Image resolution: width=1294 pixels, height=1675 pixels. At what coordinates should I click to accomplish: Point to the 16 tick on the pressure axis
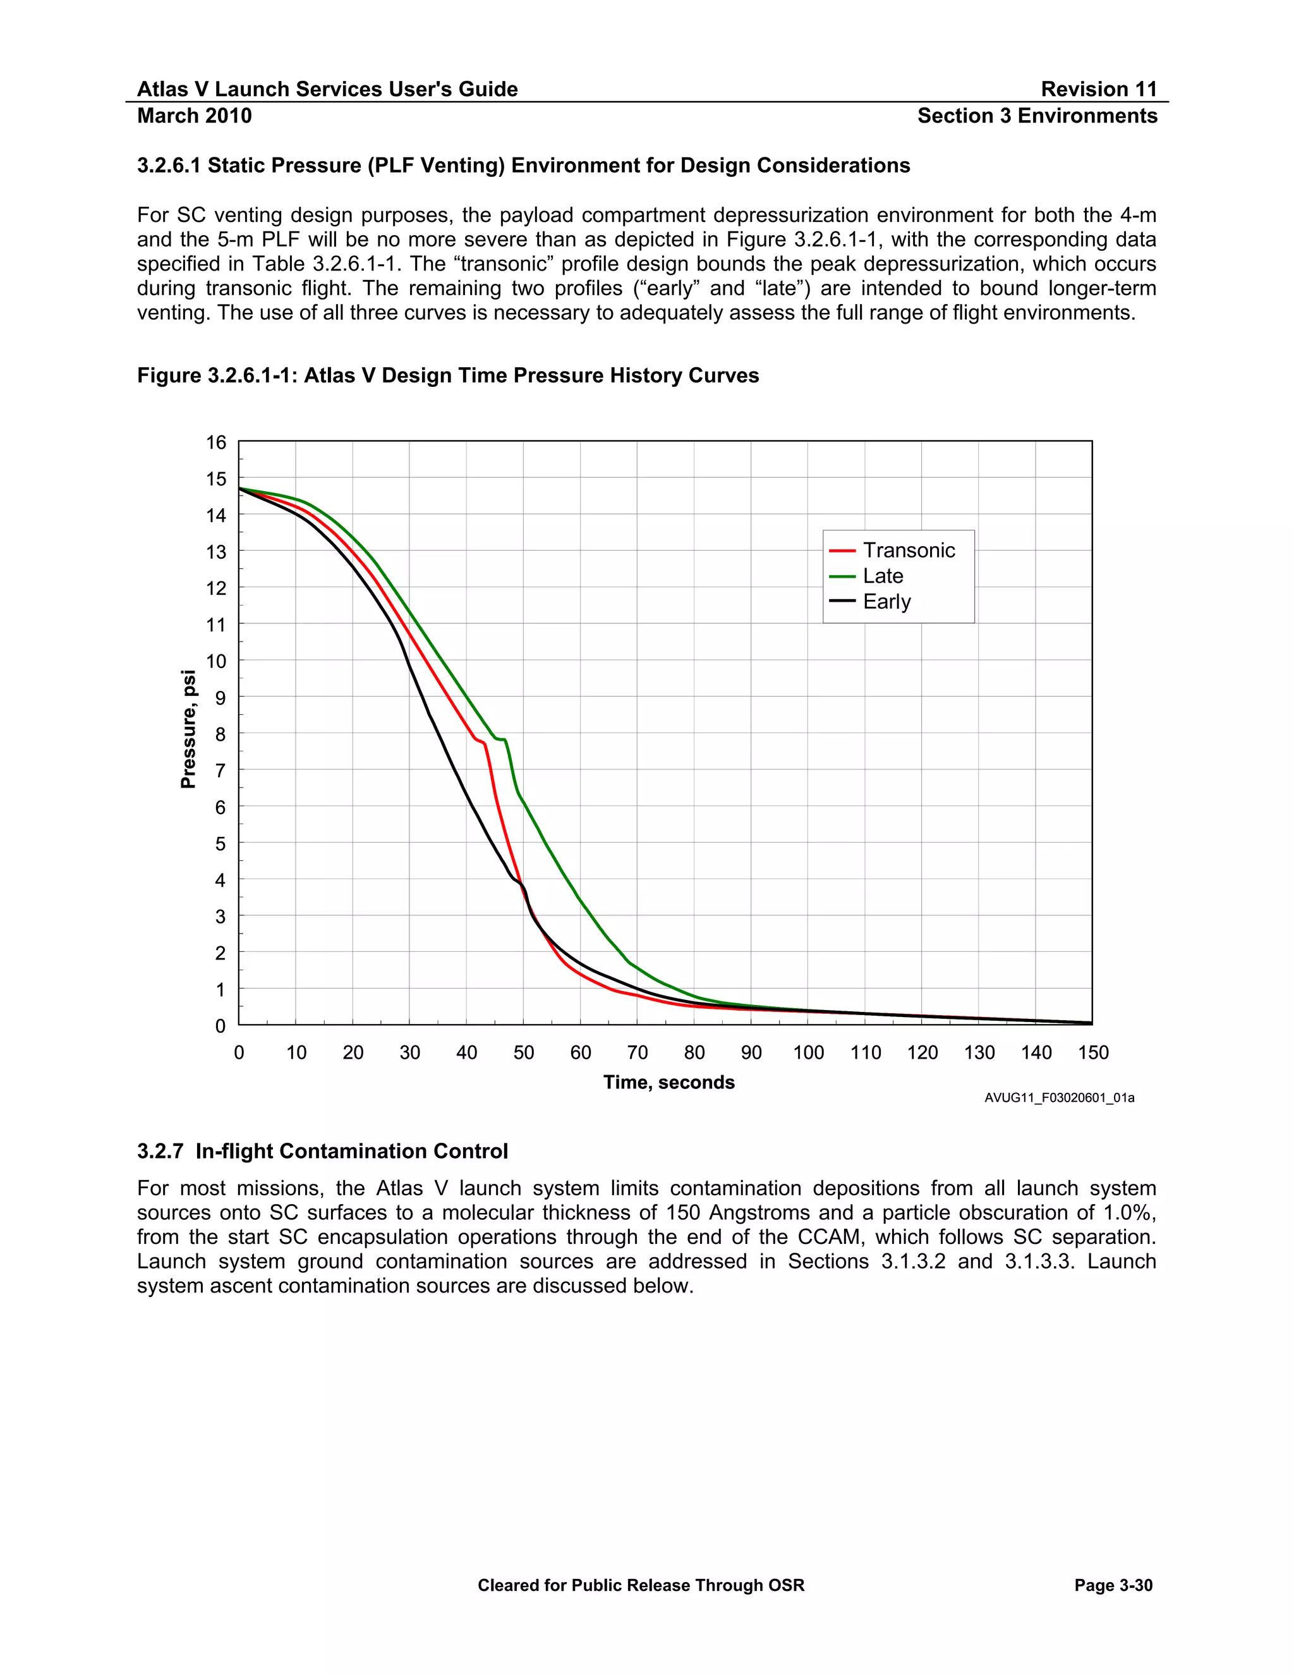click(216, 442)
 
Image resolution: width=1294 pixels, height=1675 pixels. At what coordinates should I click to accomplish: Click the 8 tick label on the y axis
click(220, 734)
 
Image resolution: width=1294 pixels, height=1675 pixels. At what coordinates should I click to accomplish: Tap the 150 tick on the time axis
click(1092, 1052)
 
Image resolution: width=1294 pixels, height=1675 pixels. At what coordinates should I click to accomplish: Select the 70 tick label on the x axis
click(637, 1052)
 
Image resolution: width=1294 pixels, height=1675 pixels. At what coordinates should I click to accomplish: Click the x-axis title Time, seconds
click(668, 1082)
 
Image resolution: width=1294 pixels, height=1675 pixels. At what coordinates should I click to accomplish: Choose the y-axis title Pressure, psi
click(188, 729)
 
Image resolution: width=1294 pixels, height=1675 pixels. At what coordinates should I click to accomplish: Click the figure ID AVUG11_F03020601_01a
click(1059, 1099)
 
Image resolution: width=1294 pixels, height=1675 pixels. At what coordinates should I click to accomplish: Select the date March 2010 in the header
click(195, 116)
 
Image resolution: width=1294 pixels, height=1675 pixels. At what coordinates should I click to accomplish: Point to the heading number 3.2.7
click(160, 1151)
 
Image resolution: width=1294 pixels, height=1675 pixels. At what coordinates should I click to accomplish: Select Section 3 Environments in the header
click(1037, 116)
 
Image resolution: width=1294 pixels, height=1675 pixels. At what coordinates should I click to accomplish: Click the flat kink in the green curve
click(501, 740)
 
